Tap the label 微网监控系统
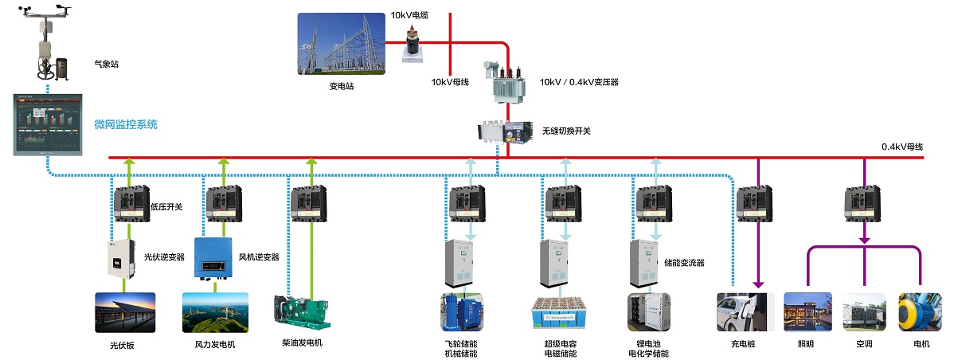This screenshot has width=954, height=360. pyautogui.click(x=126, y=124)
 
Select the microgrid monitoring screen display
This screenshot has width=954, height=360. pyautogui.click(x=47, y=124)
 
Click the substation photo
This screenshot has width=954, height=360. pyautogui.click(x=341, y=45)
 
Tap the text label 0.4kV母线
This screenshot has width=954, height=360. pyautogui.click(x=901, y=147)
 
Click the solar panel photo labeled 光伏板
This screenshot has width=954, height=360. pyautogui.click(x=125, y=311)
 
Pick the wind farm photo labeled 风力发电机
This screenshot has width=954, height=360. pyautogui.click(x=215, y=311)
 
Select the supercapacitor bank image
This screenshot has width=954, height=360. pyautogui.click(x=561, y=312)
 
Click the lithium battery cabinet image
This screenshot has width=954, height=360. pyautogui.click(x=650, y=311)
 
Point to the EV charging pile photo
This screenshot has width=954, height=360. pyautogui.click(x=745, y=311)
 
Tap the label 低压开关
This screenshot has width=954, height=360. pyautogui.click(x=166, y=207)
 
